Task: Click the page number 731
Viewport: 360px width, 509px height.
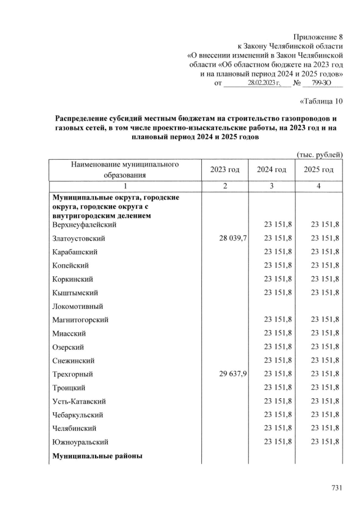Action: click(x=336, y=488)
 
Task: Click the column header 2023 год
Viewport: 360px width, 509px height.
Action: click(x=225, y=170)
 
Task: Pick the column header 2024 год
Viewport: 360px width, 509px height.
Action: click(x=272, y=170)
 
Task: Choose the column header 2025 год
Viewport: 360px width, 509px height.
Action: click(x=318, y=170)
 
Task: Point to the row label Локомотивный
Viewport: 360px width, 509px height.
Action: click(x=76, y=307)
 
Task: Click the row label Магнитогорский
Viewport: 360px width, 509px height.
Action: click(x=80, y=320)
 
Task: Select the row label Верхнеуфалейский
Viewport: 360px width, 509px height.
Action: click(x=84, y=225)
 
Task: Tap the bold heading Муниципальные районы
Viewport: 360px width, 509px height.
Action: click(x=97, y=456)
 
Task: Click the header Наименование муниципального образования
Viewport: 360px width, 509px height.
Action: click(x=125, y=169)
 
